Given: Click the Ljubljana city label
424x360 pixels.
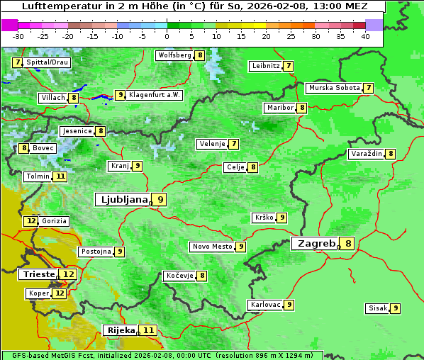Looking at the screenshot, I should click(x=123, y=200).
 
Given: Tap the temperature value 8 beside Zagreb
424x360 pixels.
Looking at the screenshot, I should click(x=348, y=244).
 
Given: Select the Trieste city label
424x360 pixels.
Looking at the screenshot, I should click(x=38, y=274).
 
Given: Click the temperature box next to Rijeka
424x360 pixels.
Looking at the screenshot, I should click(x=148, y=330).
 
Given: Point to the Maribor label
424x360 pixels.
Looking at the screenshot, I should click(x=279, y=108).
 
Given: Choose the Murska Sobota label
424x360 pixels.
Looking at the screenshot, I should click(x=333, y=88).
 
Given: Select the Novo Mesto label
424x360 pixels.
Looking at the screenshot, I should click(x=212, y=247).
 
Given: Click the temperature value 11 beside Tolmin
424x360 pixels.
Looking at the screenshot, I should click(x=60, y=176).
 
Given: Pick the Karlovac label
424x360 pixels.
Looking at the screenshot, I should click(x=266, y=305).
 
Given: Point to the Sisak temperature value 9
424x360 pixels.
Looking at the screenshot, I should click(x=395, y=308).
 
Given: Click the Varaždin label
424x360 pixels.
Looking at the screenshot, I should click(x=367, y=154).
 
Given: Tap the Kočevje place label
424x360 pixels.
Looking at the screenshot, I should click(x=179, y=276).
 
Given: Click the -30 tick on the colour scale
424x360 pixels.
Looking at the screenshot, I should click(x=18, y=35).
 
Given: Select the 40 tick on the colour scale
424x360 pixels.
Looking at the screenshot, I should click(x=365, y=35).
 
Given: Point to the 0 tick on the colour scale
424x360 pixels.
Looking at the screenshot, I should click(x=167, y=35).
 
